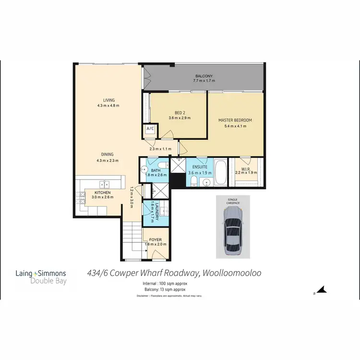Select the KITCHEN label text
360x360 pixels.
pyautogui.click(x=102, y=192)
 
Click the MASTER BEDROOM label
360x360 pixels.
pyautogui.click(x=235, y=120)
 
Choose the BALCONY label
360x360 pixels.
pyautogui.click(x=204, y=76)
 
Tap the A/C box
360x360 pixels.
pyautogui.click(x=149, y=129)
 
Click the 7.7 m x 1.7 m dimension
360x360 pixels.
pyautogui.click(x=204, y=81)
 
